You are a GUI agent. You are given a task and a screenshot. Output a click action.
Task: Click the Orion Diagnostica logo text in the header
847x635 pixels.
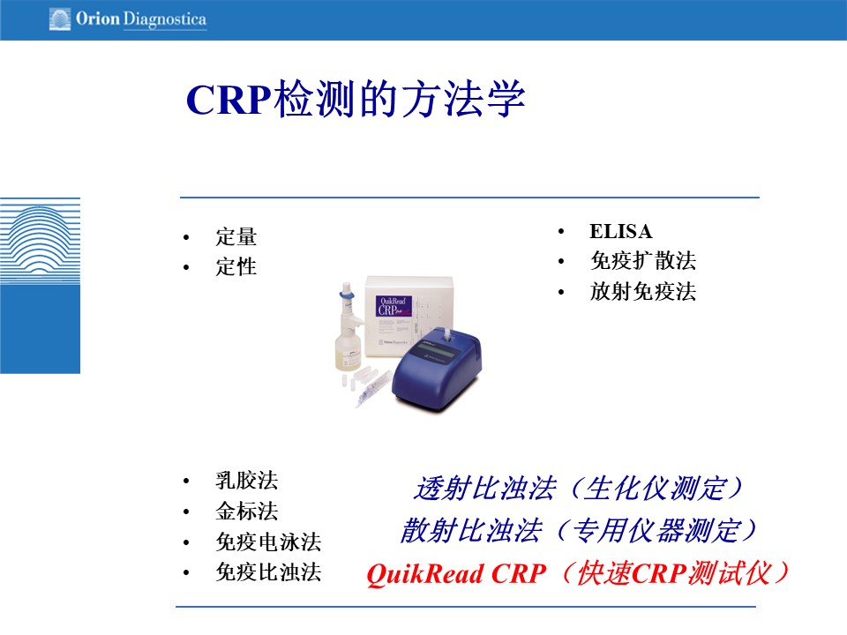[141, 19]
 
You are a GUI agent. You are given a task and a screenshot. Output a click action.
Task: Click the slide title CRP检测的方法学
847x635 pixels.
[356, 98]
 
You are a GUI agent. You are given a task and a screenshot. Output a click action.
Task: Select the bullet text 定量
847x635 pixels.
[236, 236]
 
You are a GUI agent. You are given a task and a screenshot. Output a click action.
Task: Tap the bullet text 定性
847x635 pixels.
[236, 266]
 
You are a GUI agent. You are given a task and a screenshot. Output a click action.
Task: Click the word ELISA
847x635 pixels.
[620, 231]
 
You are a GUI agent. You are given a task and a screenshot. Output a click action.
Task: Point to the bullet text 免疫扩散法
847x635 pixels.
[643, 261]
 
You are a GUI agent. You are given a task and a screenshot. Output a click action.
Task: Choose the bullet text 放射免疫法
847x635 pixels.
[643, 292]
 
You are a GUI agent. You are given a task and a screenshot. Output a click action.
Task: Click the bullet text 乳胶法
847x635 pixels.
[247, 480]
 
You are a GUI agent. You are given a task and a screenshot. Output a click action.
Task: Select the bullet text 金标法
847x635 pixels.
[247, 511]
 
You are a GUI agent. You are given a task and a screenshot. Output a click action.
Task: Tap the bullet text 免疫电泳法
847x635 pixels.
[268, 542]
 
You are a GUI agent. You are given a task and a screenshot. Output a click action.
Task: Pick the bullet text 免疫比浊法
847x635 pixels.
[268, 572]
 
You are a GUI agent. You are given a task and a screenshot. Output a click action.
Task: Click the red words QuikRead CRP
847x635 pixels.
[456, 573]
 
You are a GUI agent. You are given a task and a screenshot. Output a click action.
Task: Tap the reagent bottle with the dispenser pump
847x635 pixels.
[348, 328]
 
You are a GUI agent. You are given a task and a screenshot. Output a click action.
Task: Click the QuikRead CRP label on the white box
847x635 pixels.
[394, 306]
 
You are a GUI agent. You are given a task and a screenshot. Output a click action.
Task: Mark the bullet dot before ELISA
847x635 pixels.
[561, 232]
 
